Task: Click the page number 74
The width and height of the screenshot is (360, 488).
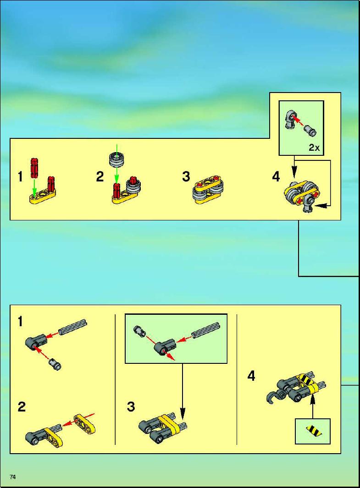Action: point(12,477)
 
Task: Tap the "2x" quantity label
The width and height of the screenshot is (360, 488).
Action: point(314,148)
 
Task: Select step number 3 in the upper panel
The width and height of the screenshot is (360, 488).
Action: point(186,176)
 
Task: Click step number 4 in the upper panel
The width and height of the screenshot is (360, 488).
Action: point(276,176)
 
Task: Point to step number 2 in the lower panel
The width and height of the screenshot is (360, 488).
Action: point(22,407)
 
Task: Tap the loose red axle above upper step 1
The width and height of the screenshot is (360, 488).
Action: point(34,168)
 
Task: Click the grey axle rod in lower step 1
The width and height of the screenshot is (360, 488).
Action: point(73,327)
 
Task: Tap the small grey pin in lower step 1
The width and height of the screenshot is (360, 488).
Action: point(55,364)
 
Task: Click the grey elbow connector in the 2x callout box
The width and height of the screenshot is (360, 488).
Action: point(290,120)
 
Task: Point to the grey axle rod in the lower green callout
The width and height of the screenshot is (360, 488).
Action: point(206,329)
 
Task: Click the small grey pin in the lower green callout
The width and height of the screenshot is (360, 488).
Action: point(139,331)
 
